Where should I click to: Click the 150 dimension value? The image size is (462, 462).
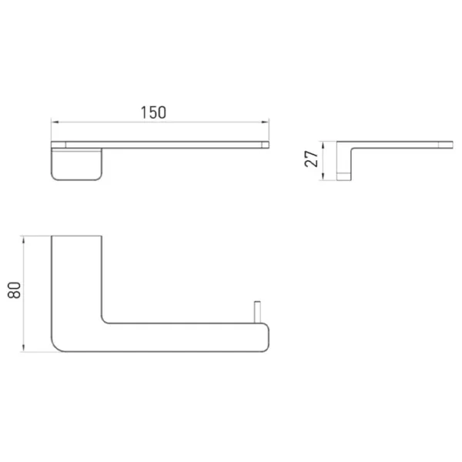(x=153, y=112)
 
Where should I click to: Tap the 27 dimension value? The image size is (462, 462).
(x=311, y=159)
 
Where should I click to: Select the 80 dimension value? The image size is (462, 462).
(x=14, y=290)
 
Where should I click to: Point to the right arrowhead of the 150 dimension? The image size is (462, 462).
(x=265, y=122)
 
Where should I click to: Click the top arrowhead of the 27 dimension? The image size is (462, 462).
(x=323, y=146)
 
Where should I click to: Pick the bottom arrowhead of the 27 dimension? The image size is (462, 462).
(x=323, y=176)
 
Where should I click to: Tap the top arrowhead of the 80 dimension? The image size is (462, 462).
(x=24, y=239)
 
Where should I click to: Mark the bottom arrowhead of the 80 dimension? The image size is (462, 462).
(x=24, y=348)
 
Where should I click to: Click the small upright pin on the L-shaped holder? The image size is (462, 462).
(x=257, y=312)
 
